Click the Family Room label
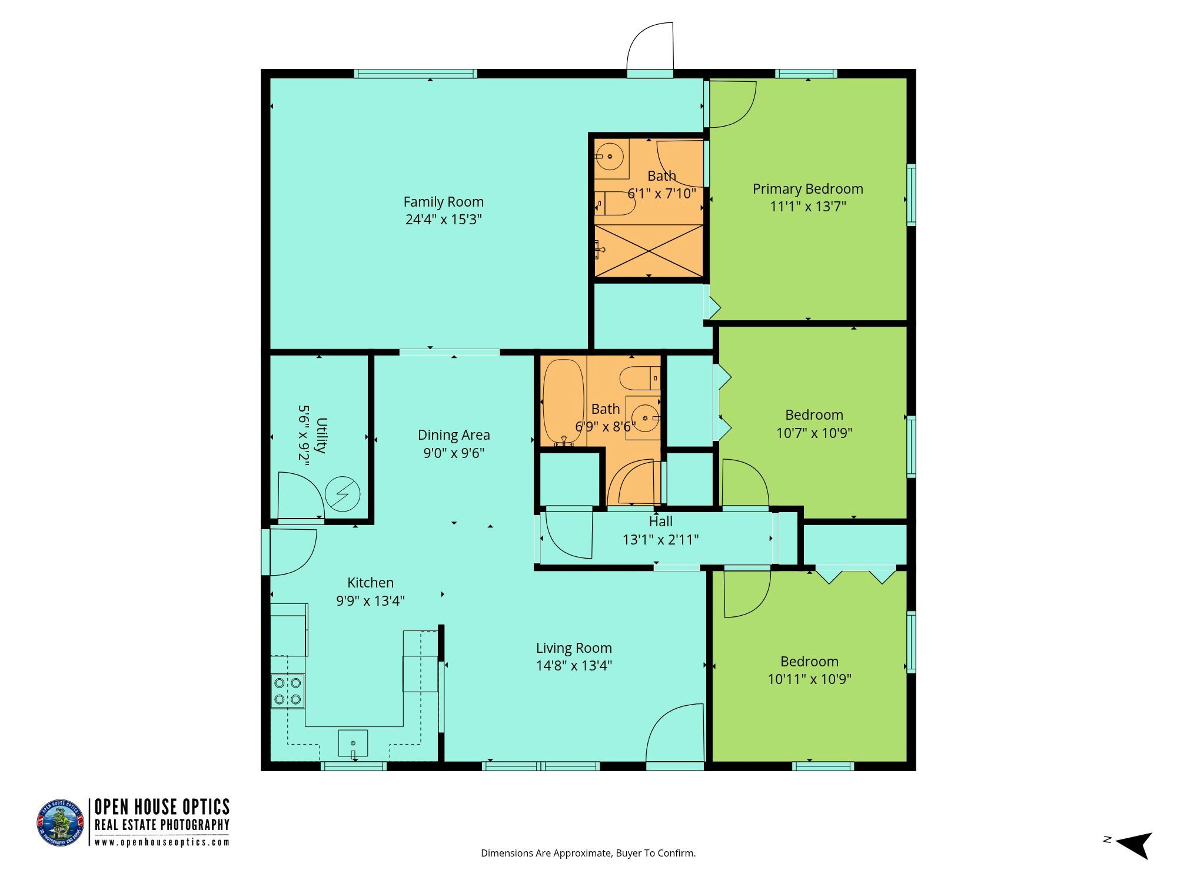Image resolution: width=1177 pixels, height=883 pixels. tap(444, 202)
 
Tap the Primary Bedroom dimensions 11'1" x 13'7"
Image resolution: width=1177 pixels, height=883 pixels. tap(808, 207)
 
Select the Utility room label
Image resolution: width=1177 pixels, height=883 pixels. tap(321, 435)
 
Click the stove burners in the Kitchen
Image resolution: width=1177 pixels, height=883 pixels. tap(287, 691)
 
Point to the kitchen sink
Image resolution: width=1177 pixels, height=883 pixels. tap(353, 743)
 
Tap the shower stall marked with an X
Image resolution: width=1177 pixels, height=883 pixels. tap(649, 250)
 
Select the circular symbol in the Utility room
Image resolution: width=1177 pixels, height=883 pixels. tap(343, 494)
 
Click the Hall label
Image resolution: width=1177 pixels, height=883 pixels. tap(661, 522)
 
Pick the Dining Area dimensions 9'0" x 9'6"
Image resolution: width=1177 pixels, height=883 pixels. tap(454, 453)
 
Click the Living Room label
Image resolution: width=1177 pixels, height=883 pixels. tap(574, 648)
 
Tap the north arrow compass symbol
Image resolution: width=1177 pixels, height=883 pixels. tap(1133, 846)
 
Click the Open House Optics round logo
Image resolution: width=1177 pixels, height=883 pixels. tap(61, 823)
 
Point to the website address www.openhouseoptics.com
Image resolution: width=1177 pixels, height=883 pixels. tap(162, 842)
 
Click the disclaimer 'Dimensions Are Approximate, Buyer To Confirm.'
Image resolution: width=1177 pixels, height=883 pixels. tap(588, 853)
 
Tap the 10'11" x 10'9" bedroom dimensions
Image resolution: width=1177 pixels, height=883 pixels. tap(810, 679)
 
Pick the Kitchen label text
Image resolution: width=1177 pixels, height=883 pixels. tap(370, 583)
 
